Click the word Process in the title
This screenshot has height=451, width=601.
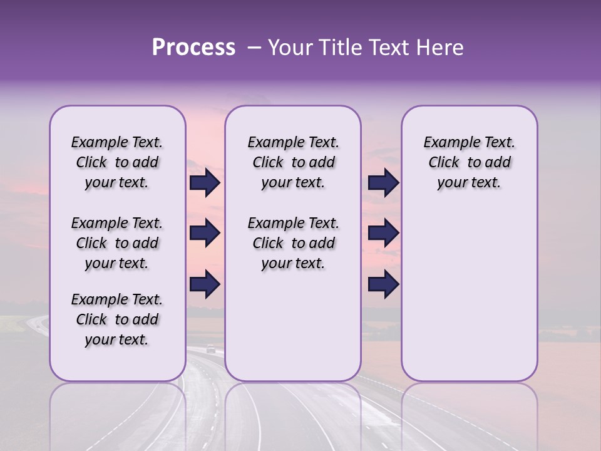(x=193, y=48)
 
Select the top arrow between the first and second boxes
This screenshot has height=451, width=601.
(x=205, y=182)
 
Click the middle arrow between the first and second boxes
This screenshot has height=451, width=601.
(x=205, y=233)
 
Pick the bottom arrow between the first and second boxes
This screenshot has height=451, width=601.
(x=205, y=284)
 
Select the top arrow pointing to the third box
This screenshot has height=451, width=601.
(x=383, y=182)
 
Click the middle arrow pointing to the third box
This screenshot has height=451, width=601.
(x=383, y=233)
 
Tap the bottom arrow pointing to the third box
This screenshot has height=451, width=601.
(x=383, y=284)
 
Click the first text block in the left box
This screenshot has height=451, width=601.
(x=117, y=162)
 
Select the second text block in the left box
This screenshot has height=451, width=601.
(x=117, y=243)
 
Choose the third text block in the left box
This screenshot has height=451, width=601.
(x=117, y=319)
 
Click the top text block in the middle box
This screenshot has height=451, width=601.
(x=293, y=162)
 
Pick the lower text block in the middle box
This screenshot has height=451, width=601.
(x=293, y=243)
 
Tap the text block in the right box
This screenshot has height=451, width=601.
(x=469, y=162)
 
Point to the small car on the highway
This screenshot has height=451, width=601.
(x=211, y=349)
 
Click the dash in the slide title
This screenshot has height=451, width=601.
(x=254, y=48)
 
